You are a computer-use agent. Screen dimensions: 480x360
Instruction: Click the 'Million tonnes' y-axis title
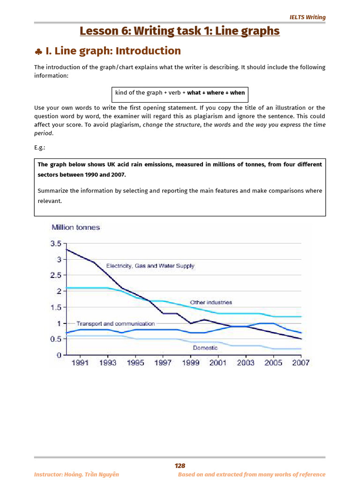[75, 227]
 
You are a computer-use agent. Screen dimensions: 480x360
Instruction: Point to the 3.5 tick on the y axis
[56, 244]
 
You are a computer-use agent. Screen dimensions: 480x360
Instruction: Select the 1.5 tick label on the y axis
[56, 307]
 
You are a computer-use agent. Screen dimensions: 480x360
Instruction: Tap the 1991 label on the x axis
[80, 363]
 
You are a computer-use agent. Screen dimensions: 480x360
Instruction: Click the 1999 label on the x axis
[191, 363]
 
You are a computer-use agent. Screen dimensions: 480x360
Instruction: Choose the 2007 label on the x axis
[300, 363]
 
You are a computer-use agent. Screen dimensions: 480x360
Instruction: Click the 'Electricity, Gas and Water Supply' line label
[150, 266]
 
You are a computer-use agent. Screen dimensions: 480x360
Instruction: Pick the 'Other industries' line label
[210, 302]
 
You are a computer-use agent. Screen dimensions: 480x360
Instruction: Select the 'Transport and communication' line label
[115, 323]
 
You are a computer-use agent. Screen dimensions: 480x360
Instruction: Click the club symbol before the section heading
[38, 51]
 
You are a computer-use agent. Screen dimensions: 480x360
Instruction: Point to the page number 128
[180, 465]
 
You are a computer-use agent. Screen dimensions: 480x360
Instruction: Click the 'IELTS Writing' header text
[307, 17]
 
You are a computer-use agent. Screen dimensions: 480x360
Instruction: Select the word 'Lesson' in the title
[98, 31]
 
